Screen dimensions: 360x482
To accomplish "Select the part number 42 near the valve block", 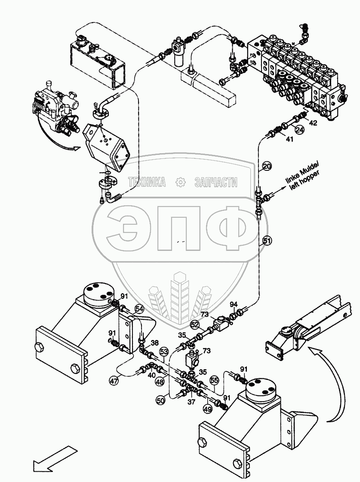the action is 313,123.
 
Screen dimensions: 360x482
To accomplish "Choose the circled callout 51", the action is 267,241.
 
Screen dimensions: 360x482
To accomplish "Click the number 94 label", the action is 234,305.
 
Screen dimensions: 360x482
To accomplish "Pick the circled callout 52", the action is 195,325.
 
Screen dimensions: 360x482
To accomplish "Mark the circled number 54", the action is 139,309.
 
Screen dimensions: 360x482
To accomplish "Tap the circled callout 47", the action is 114,380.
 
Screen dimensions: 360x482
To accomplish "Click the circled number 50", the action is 160,400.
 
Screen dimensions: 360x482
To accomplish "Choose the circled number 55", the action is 214,380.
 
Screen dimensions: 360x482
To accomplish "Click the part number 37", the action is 191,402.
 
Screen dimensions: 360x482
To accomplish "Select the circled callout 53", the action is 163,352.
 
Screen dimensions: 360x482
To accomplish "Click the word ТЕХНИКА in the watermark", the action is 147,182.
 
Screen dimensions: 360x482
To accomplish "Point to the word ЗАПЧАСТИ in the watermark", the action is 216,182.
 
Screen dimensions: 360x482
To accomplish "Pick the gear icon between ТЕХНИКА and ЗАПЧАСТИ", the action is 180,182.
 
